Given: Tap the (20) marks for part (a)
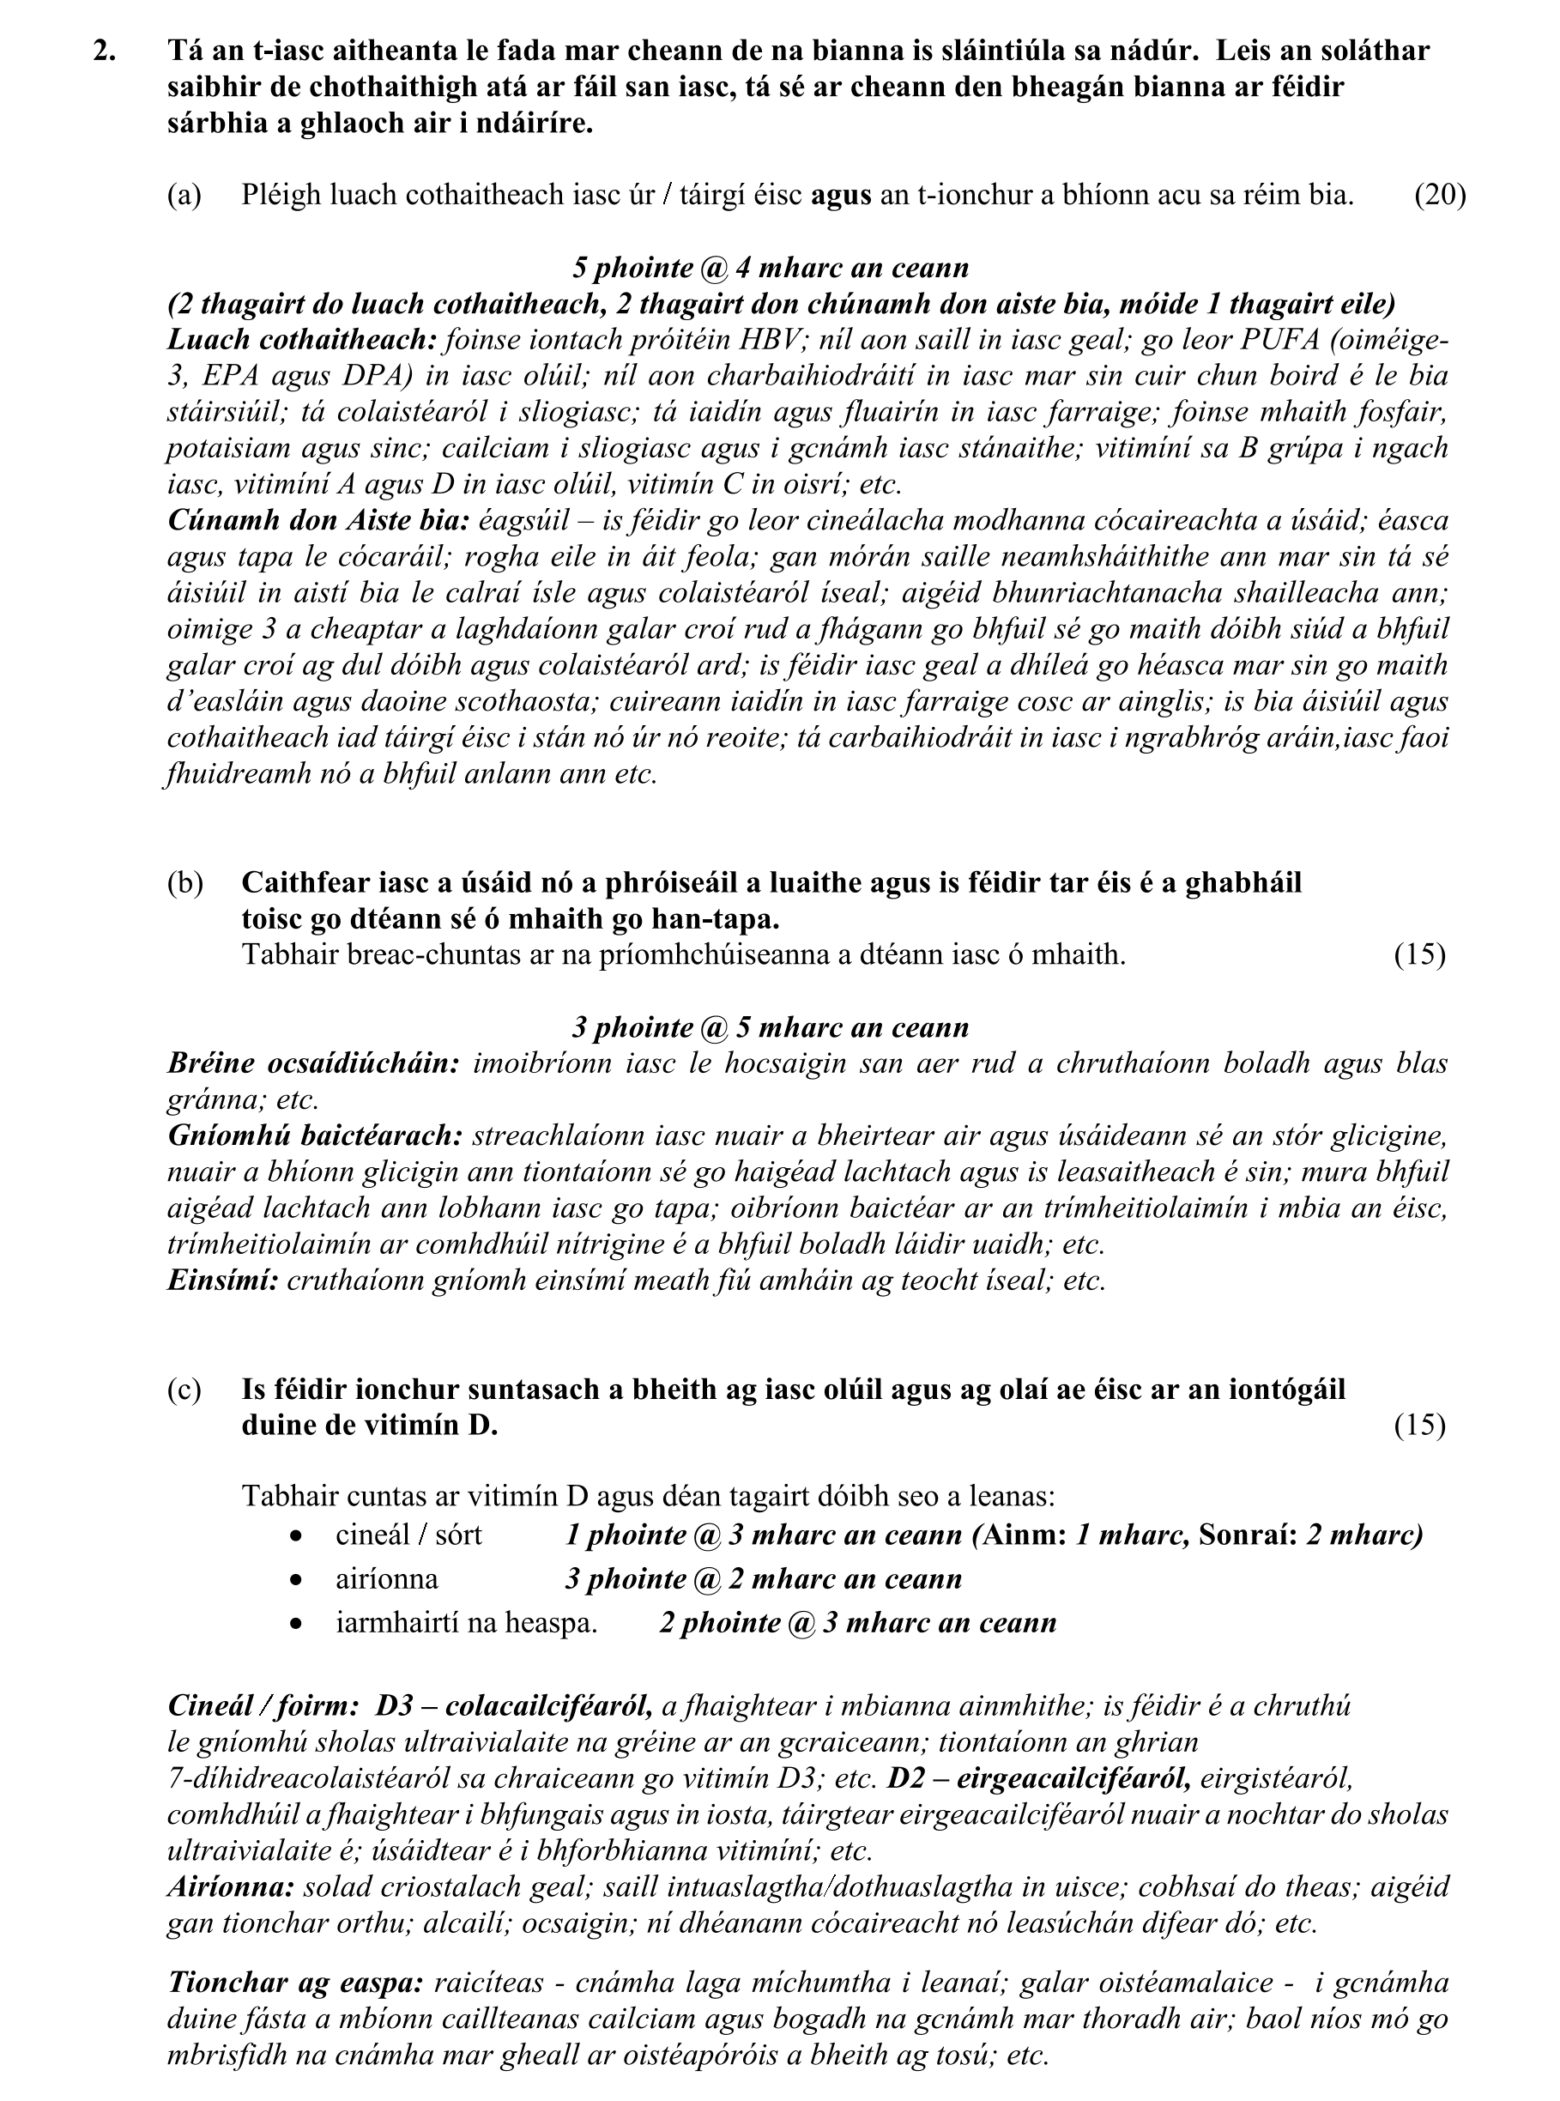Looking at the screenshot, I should click(x=1439, y=196).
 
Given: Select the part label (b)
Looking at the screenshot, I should click(x=185, y=883).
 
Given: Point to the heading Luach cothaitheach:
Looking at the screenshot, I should click(x=301, y=340).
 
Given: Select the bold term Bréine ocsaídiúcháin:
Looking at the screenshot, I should click(x=312, y=1064).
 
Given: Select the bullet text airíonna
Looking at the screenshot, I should click(x=386, y=1579).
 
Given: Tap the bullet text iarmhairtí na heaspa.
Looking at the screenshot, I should click(x=467, y=1623).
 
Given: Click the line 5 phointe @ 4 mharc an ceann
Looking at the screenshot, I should click(x=770, y=268).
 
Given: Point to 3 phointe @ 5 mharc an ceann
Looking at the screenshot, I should click(x=770, y=1027).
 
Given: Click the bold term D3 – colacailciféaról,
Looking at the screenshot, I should click(x=514, y=1706).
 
